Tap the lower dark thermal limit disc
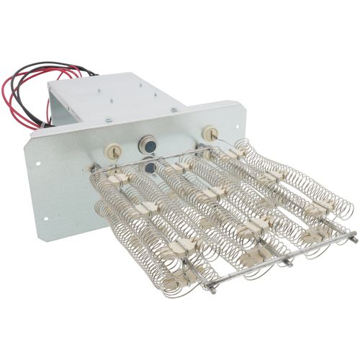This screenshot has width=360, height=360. [149, 167]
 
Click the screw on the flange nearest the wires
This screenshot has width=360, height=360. [108, 120]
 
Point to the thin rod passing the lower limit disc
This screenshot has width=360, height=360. [166, 173]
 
